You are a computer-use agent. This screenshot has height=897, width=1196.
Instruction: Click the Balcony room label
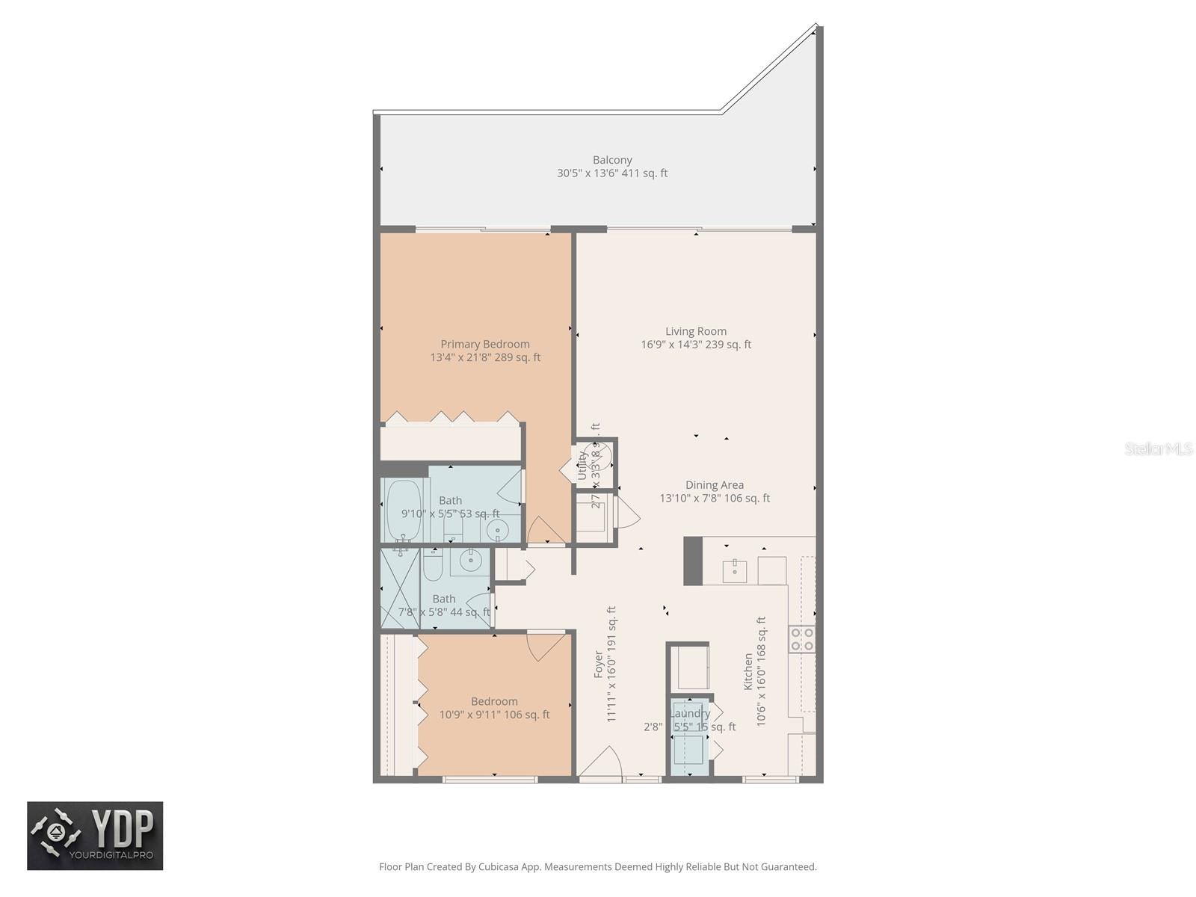pos(612,160)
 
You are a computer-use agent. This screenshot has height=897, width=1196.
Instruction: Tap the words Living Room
pos(696,331)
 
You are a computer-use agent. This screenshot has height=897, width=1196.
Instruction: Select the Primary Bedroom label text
pos(485,344)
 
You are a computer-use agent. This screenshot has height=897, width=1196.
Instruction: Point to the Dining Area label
pos(715,485)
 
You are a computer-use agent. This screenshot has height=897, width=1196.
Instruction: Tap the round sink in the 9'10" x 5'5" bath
pos(497,531)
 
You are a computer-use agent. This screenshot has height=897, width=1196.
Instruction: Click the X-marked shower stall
pos(400,589)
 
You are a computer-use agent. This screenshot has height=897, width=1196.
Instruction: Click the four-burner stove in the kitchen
pos(802,639)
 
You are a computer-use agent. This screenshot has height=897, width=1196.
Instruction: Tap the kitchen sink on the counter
pos(735,570)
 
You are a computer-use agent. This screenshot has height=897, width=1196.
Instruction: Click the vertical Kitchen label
pos(748,671)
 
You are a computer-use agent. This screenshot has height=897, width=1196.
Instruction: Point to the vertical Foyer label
pos(599,664)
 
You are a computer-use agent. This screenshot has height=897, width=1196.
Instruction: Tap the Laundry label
pos(690,713)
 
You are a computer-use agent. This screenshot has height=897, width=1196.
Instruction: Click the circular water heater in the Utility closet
pos(602,456)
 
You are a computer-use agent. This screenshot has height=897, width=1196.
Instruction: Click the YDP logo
pos(95,836)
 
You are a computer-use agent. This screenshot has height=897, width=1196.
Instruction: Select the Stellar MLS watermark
pos(1158,449)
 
